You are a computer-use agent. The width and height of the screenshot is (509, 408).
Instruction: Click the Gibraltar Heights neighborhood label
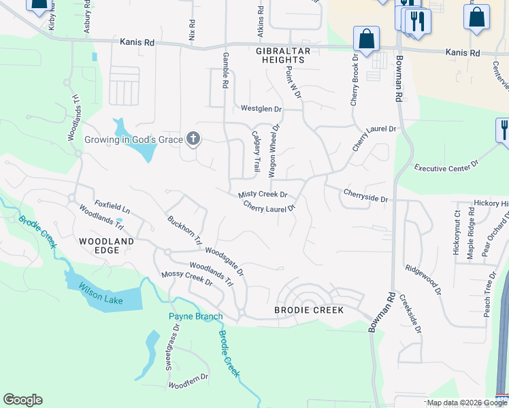tap(282, 56)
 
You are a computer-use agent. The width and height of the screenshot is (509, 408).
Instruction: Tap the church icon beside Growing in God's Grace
tap(193, 139)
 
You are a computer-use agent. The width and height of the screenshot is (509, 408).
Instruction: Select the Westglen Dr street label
tap(261, 109)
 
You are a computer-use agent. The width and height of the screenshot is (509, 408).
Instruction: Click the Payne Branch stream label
tap(195, 316)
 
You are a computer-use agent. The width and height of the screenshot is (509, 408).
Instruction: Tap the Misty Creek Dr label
tap(263, 194)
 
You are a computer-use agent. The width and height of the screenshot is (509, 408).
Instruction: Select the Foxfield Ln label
tap(112, 203)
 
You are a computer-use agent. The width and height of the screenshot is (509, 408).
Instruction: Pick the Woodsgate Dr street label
tap(224, 261)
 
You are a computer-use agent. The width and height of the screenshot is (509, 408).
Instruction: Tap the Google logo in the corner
tap(22, 400)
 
